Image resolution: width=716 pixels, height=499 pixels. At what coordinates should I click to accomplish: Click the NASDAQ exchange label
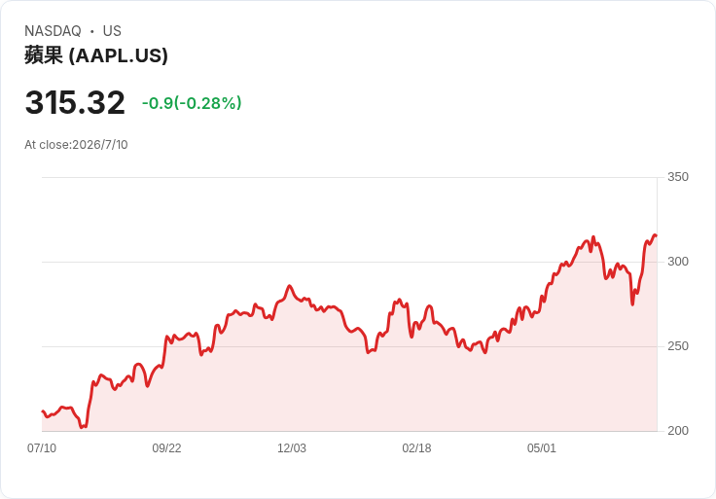[53, 31]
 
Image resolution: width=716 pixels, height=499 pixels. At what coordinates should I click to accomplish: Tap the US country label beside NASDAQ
[112, 31]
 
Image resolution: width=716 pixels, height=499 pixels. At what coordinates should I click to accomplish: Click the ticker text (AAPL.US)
[119, 55]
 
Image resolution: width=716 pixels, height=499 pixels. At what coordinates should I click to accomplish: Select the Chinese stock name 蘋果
[44, 55]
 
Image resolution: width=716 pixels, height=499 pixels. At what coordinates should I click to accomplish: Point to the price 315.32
[75, 102]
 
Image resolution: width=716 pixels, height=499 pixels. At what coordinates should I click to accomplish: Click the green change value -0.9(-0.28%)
[192, 103]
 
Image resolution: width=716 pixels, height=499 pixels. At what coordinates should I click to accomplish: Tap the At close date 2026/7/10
[100, 145]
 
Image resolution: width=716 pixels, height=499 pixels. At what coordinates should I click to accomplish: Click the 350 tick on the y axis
[678, 177]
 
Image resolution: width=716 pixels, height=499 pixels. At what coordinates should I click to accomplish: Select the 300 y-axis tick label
[678, 262]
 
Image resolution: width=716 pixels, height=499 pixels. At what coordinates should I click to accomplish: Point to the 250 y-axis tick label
[678, 346]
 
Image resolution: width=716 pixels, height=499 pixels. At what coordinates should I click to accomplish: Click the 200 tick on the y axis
[678, 431]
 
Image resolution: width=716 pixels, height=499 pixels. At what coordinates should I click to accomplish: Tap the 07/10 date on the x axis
[42, 448]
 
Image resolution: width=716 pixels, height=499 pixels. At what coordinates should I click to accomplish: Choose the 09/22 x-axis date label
[166, 448]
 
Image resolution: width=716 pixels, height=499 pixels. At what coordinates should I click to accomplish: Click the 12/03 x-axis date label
[292, 448]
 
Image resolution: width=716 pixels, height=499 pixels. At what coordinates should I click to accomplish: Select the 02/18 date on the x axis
[416, 448]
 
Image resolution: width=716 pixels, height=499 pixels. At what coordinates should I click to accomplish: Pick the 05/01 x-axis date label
[542, 448]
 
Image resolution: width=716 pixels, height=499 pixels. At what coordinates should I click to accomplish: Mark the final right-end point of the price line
[657, 235]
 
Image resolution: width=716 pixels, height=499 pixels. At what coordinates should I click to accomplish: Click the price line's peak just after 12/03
[289, 286]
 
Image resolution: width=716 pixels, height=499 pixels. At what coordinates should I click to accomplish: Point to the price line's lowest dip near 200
[82, 427]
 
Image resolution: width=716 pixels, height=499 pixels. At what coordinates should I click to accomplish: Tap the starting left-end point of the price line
[43, 411]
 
